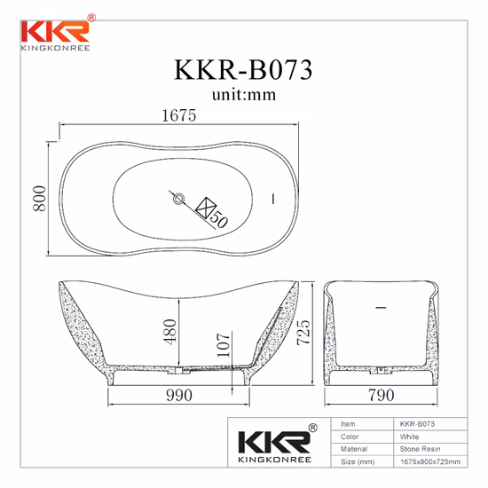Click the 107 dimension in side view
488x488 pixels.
pos(220,348)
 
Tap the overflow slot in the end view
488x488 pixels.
pos(381,308)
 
